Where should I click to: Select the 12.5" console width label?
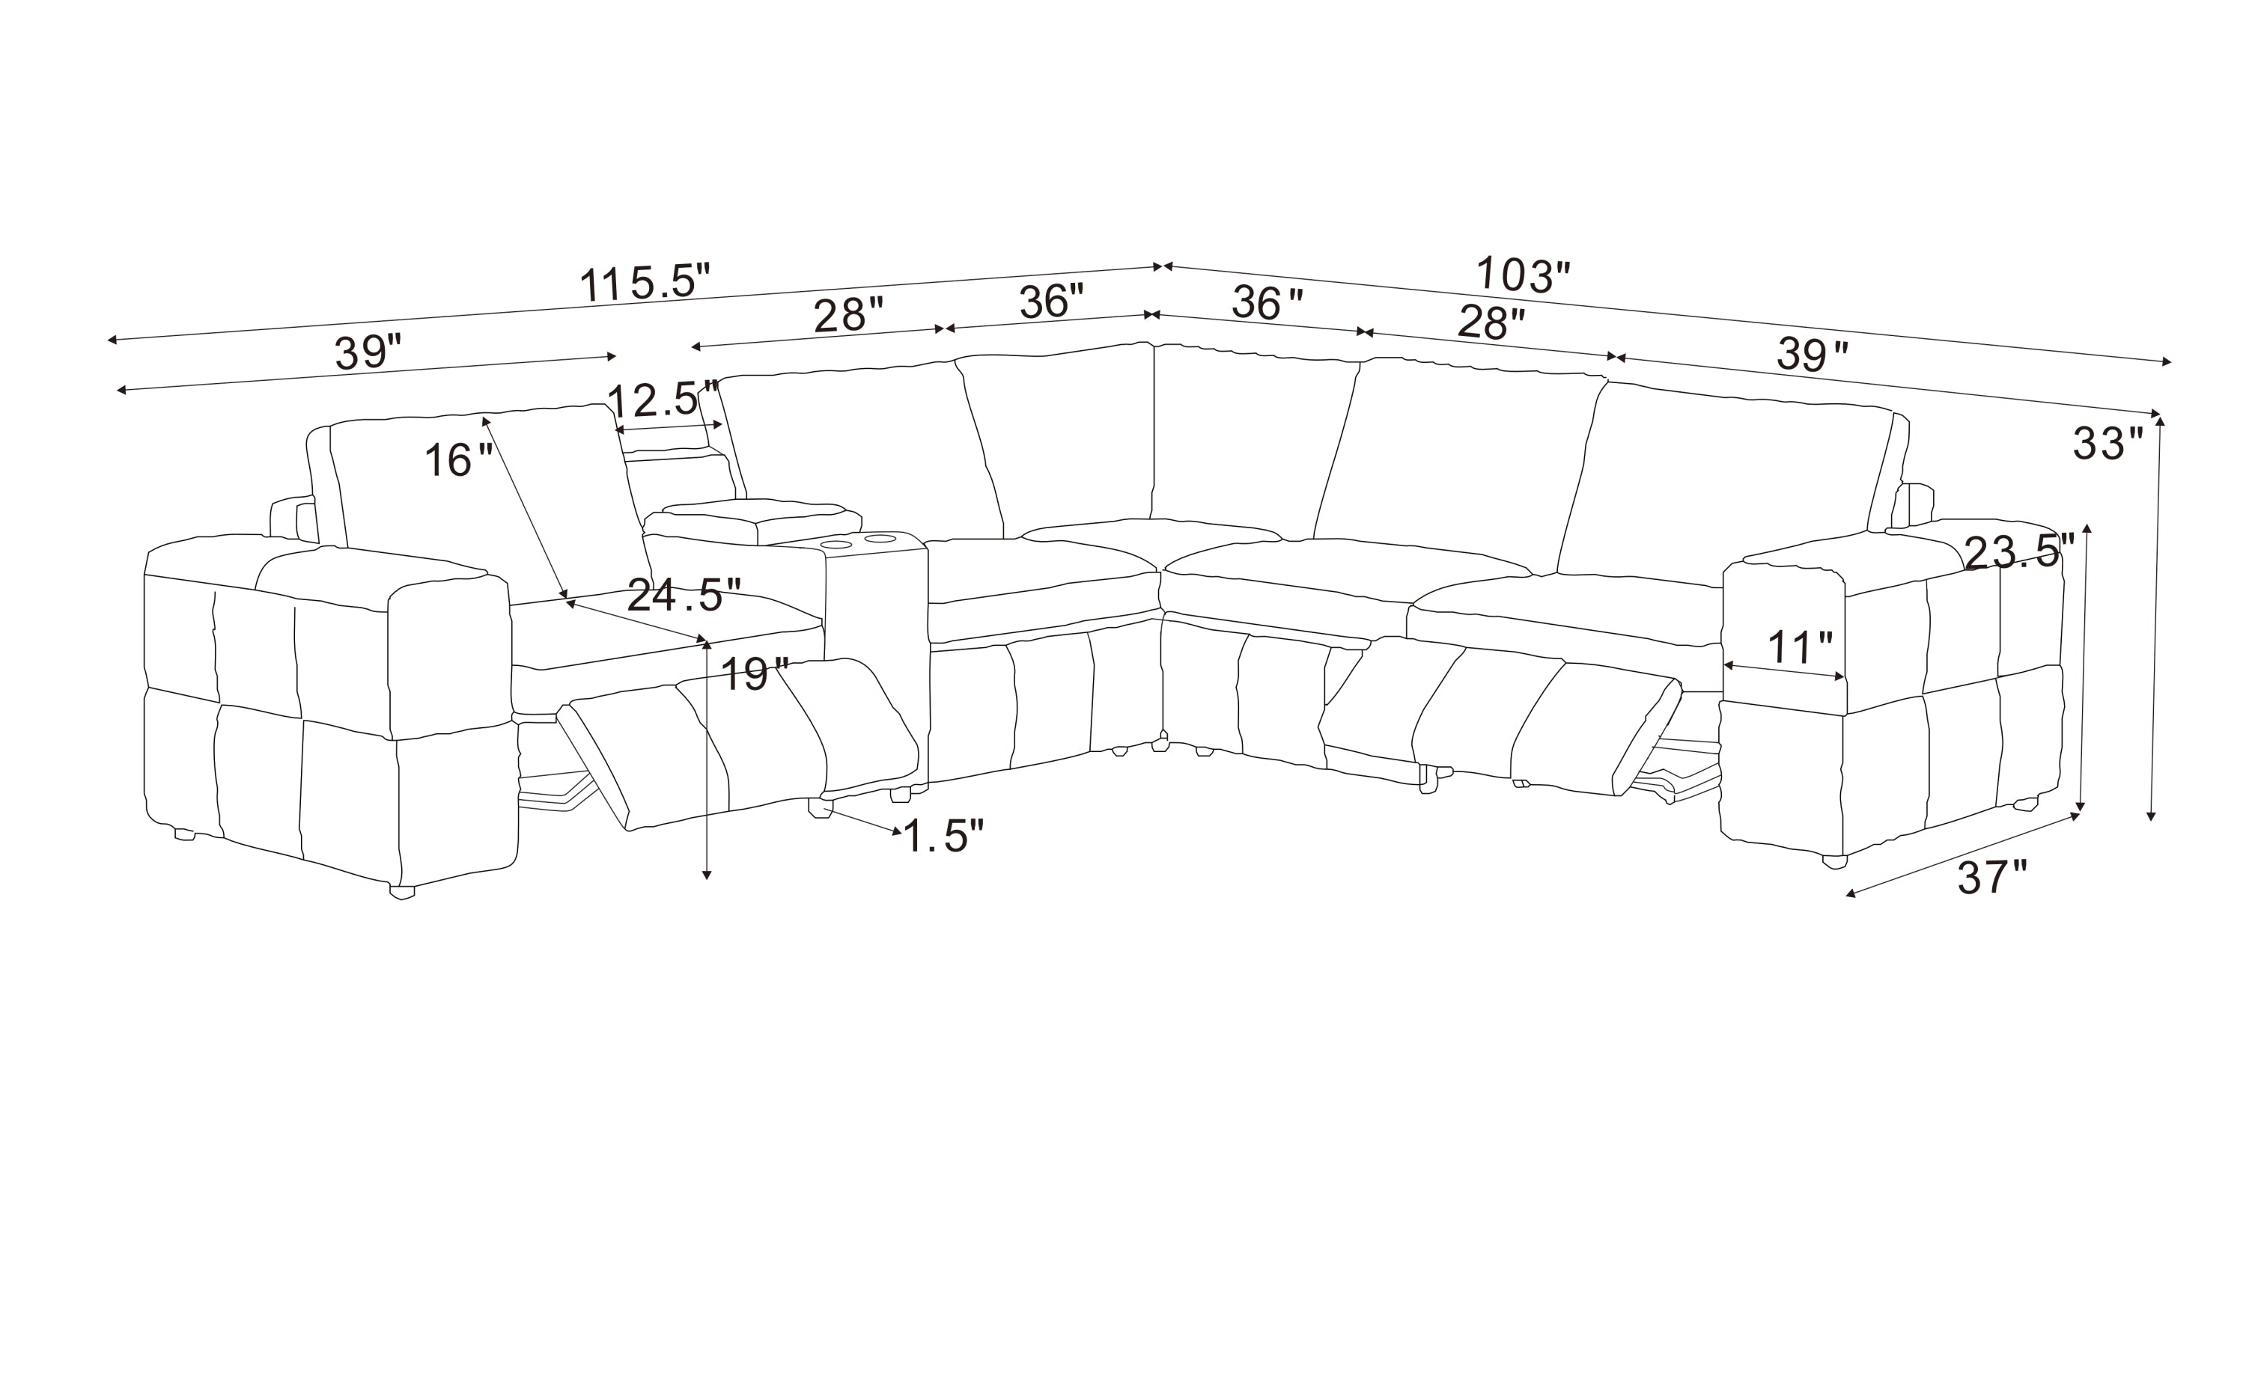[663, 399]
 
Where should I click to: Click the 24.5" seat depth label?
[684, 595]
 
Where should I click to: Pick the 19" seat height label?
[755, 674]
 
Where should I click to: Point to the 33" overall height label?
[2107, 444]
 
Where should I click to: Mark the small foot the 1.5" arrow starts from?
[820, 808]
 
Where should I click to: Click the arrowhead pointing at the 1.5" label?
[895, 831]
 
